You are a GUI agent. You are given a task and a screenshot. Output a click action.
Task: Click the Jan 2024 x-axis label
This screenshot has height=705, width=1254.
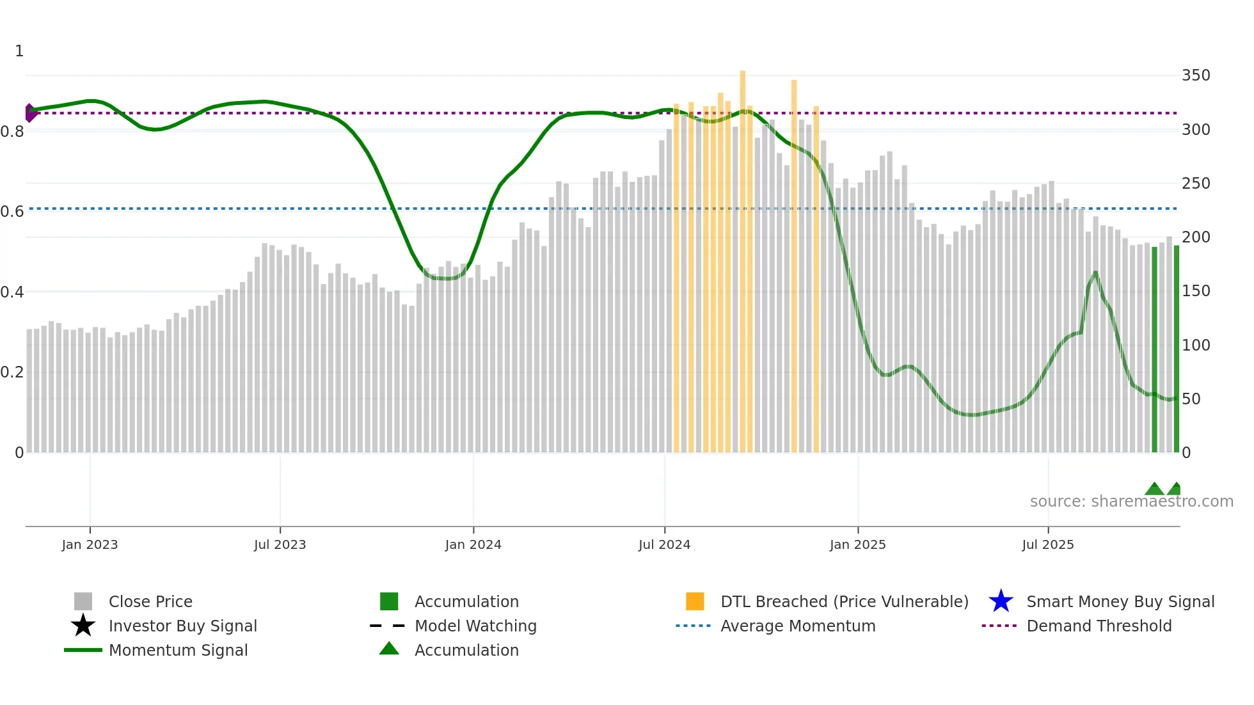point(473,544)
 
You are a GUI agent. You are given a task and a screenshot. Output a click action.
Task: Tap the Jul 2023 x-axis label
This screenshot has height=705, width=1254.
point(280,544)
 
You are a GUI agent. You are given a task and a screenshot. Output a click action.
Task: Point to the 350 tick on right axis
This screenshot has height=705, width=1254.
point(1195,75)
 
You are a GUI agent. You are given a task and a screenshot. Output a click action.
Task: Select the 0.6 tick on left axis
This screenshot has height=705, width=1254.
point(12,212)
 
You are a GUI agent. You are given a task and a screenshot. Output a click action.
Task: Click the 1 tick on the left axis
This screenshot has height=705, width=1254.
point(19,51)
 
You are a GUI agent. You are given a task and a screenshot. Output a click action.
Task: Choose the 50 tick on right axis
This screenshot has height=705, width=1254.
point(1191,399)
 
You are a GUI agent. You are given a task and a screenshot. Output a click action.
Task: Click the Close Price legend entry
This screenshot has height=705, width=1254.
point(150,601)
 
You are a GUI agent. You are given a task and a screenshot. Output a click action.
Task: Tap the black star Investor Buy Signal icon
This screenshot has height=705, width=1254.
point(83,626)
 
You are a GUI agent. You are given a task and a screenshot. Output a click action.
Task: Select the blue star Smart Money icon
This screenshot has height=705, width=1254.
point(1001,601)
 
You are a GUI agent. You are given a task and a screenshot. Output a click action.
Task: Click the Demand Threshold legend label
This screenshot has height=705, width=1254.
point(1099,626)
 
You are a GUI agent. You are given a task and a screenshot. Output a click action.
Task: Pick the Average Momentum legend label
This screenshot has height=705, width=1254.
point(797,626)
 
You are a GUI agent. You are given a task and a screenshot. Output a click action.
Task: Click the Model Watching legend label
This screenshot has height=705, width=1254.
point(475,626)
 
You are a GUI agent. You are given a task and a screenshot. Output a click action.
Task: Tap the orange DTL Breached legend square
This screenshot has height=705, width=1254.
point(695,601)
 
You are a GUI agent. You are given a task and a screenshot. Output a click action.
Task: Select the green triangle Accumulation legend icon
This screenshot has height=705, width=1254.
point(389,649)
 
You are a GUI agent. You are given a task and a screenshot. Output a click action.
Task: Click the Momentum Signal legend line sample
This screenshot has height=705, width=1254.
point(83,650)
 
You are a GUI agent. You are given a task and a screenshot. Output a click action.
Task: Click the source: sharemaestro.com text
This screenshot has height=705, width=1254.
point(1131,502)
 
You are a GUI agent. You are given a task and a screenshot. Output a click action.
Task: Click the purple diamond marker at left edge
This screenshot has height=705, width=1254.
point(30,113)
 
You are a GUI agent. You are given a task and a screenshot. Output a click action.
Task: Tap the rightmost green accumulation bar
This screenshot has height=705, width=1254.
point(1176,349)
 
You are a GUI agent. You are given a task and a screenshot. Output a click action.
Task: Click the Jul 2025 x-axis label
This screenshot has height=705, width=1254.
point(1047,544)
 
